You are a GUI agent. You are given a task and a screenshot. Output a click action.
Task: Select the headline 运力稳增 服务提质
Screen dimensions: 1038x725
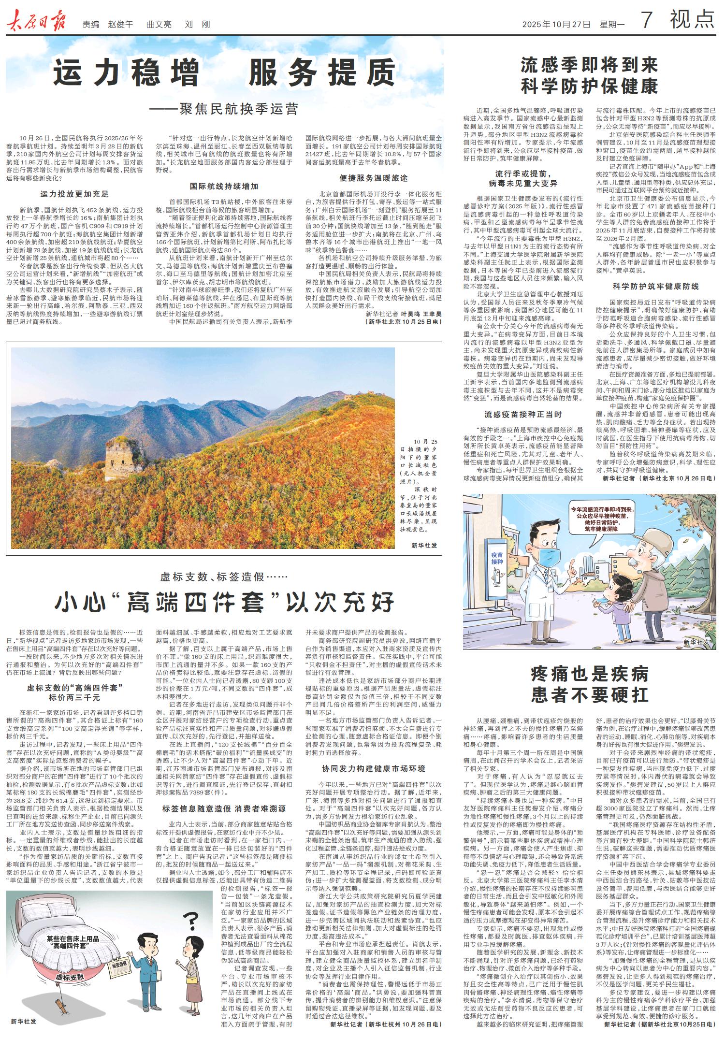[x=225, y=72]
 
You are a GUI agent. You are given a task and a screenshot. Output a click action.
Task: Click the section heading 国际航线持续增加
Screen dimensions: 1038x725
[x=224, y=186]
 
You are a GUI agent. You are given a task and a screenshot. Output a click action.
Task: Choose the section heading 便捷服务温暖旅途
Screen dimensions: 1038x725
[x=373, y=178]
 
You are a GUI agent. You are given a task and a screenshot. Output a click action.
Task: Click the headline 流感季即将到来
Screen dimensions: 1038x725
[x=589, y=65]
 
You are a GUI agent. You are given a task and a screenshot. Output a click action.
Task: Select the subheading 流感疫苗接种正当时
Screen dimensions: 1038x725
[x=523, y=414]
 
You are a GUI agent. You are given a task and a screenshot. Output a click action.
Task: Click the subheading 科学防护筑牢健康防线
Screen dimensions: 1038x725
[x=655, y=286]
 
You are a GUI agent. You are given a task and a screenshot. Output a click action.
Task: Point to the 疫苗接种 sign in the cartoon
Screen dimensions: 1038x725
[x=497, y=558]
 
